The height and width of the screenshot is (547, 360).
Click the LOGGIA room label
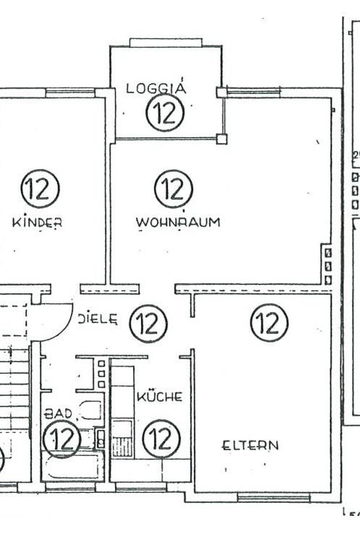pyautogui.click(x=156, y=89)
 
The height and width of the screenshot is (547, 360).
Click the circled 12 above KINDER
pyautogui.click(x=40, y=189)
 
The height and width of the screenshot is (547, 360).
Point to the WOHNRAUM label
pyautogui.click(x=178, y=222)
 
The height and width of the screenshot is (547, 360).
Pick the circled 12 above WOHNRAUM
pyautogui.click(x=173, y=189)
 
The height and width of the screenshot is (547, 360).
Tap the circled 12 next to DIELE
pyautogui.click(x=148, y=323)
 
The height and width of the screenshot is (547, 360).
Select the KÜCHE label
pyautogui.click(x=159, y=397)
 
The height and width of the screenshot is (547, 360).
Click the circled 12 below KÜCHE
pyautogui.click(x=160, y=438)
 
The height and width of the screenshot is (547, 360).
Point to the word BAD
pyautogui.click(x=59, y=414)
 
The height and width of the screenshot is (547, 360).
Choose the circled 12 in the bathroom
pyautogui.click(x=62, y=439)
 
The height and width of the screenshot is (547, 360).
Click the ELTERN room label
pyautogui.click(x=249, y=445)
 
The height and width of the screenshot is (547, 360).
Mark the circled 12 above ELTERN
pyautogui.click(x=269, y=322)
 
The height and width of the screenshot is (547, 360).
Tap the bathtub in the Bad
pyautogui.click(x=72, y=467)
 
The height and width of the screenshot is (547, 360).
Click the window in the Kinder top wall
pyautogui.click(x=70, y=92)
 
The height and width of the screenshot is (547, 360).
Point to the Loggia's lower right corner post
pyautogui.click(x=221, y=139)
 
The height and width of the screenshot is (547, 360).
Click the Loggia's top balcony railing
pyautogui.click(x=166, y=43)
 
